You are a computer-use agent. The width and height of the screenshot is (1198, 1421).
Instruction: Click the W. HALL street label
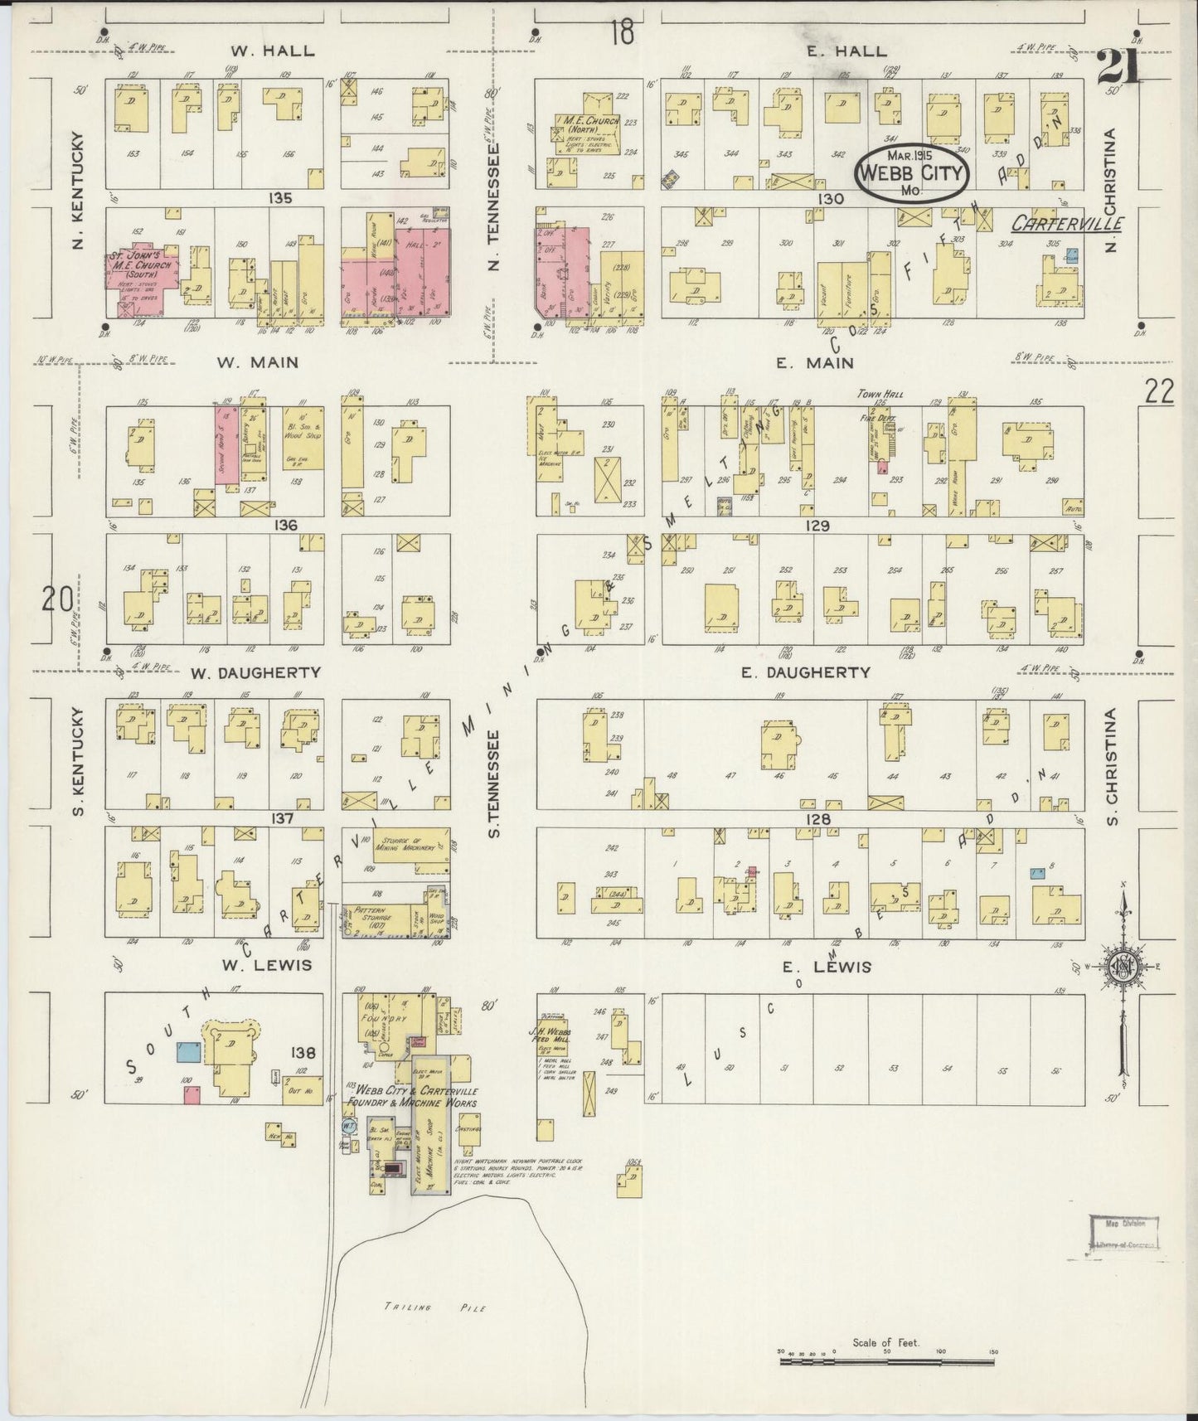272,51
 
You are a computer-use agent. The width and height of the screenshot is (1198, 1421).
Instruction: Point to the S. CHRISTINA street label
1112,767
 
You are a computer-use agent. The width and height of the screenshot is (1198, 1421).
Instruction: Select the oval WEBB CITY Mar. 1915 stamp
912,173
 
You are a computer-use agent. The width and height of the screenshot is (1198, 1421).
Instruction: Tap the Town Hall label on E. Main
880,395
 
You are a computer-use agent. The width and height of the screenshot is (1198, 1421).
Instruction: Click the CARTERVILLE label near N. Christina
1069,223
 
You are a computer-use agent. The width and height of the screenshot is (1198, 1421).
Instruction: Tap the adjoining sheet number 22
1159,392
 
